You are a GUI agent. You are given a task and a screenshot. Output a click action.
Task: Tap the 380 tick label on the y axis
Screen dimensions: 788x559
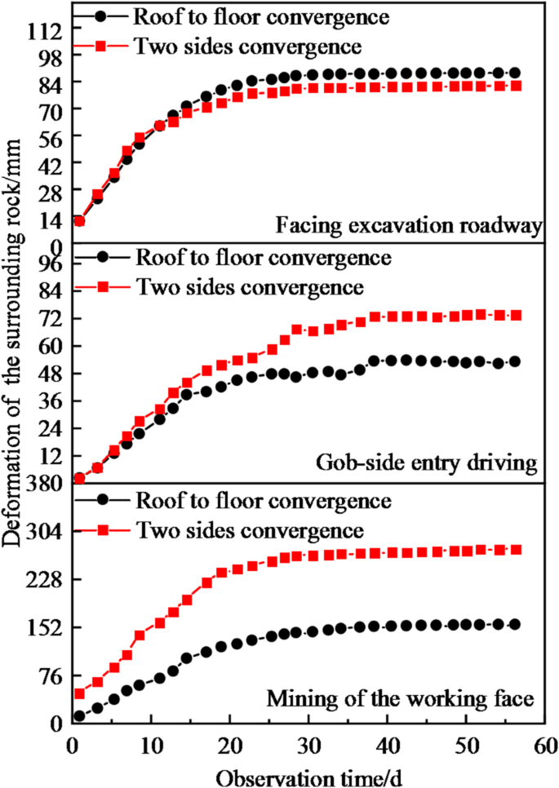(x=42, y=482)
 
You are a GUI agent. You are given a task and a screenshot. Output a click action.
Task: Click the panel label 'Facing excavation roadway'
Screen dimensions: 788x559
(x=408, y=225)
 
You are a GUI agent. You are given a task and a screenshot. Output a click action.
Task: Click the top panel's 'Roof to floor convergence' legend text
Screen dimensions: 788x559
(x=251, y=15)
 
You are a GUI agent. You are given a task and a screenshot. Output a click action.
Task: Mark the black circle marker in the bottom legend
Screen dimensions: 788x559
(x=100, y=499)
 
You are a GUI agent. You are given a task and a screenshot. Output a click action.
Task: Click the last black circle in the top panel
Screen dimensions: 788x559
(x=514, y=73)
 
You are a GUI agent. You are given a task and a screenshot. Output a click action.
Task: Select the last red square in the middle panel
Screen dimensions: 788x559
(x=515, y=315)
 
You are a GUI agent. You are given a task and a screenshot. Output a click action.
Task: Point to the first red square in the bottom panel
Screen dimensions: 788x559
(x=79, y=693)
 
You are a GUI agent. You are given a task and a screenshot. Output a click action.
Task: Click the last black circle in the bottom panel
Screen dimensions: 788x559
(x=514, y=624)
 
